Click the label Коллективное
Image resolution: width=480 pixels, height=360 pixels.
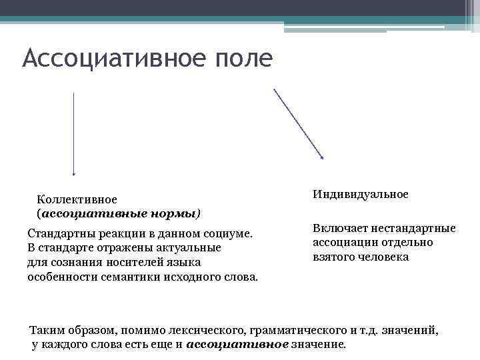click(x=77, y=199)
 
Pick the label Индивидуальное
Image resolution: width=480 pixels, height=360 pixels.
click(x=360, y=194)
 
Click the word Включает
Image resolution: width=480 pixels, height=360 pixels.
click(x=337, y=229)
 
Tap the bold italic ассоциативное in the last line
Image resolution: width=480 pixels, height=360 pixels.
click(x=237, y=345)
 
